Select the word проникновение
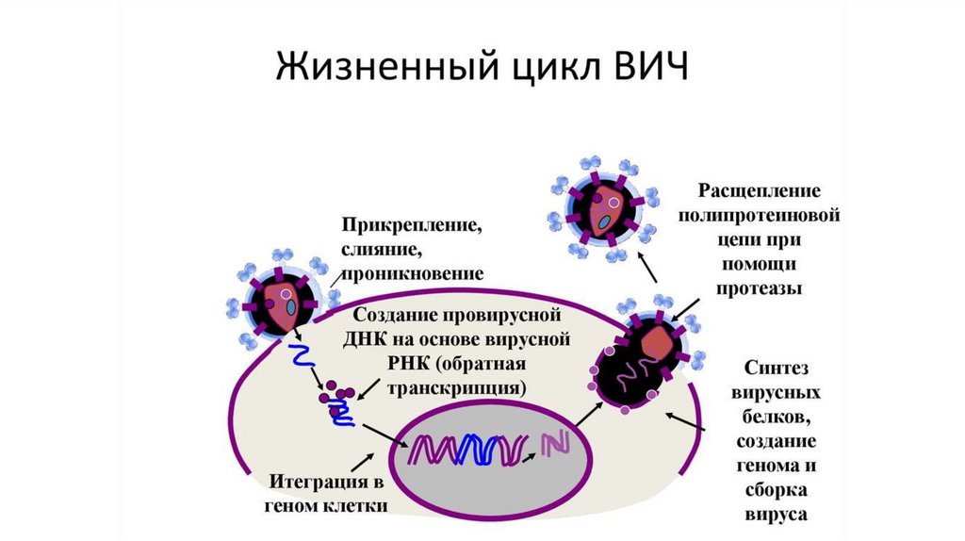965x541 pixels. click(414, 273)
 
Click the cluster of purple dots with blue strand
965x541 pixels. click(336, 403)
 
